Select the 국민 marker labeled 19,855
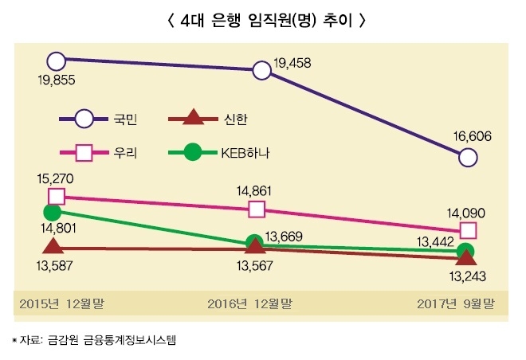56,60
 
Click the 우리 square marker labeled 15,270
56,196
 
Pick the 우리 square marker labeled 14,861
257,209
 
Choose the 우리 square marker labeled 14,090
469,230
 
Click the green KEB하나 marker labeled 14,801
53,213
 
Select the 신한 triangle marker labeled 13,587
53,248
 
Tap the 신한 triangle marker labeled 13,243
469,258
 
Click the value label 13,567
255,266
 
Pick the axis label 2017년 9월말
456,303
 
